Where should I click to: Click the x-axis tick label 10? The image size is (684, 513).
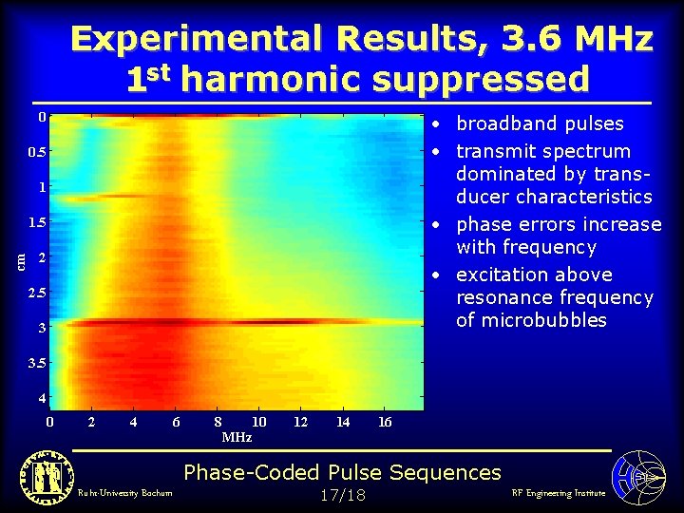click(258, 422)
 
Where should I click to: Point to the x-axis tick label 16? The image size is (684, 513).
click(385, 422)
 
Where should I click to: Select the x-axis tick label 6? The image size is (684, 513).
click(176, 422)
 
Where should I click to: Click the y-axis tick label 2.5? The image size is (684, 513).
click(35, 293)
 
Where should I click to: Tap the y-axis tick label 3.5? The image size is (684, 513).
click(35, 363)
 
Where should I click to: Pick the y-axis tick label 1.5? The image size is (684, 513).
click(35, 222)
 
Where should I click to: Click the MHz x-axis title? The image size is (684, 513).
click(237, 438)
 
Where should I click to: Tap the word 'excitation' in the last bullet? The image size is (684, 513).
click(500, 275)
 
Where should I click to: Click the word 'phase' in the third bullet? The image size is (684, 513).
click(484, 225)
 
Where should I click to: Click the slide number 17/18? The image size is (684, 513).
click(342, 495)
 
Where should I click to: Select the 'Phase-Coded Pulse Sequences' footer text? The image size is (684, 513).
click(342, 472)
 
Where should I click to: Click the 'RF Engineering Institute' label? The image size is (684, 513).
click(558, 493)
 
